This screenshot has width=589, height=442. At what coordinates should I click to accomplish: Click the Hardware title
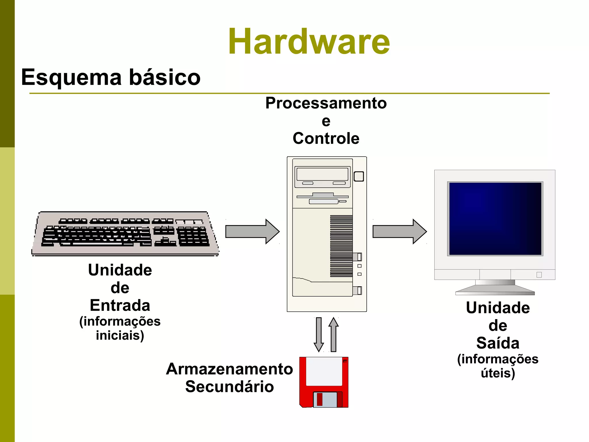click(309, 42)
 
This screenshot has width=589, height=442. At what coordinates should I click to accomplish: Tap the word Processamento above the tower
click(326, 103)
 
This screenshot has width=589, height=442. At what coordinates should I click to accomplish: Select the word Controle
click(326, 138)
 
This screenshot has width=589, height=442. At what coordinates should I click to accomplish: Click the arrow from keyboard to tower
click(252, 232)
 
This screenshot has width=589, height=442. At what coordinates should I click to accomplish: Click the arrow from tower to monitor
click(399, 232)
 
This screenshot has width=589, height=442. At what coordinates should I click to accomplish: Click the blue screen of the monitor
click(495, 219)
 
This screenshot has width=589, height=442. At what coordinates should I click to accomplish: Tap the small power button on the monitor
click(539, 275)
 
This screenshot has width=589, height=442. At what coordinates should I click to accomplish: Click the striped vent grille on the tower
click(341, 246)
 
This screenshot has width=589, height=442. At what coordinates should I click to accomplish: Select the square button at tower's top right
click(359, 176)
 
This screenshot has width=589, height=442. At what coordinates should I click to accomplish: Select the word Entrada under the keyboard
click(120, 305)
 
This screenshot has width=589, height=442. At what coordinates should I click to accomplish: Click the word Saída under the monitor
click(498, 343)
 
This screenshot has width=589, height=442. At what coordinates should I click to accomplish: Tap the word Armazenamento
click(229, 369)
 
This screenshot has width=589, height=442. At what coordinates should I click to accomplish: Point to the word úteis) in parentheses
click(498, 373)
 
